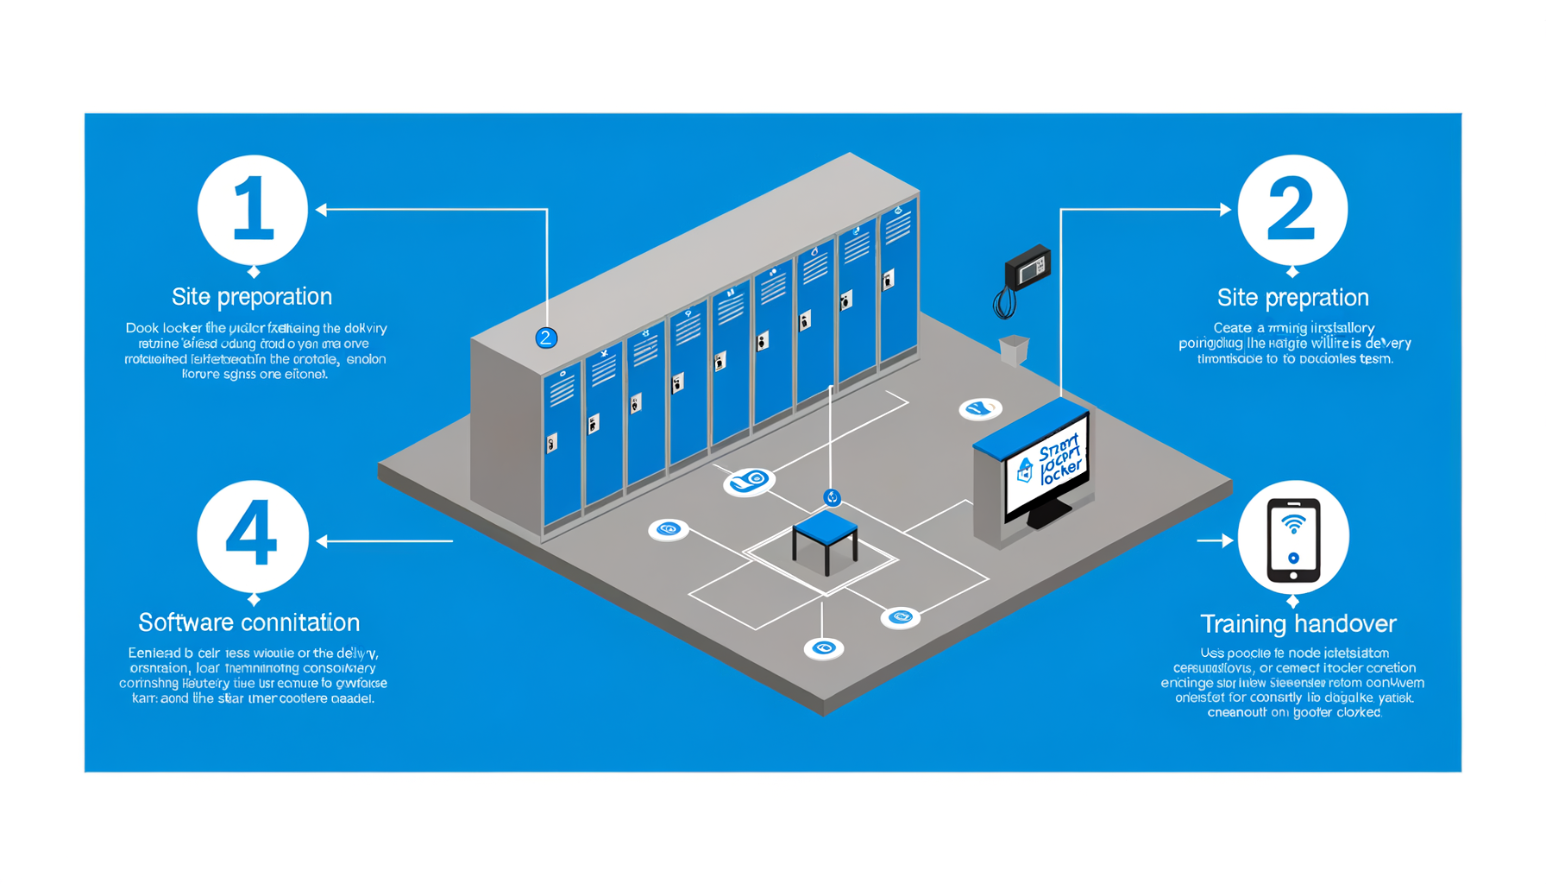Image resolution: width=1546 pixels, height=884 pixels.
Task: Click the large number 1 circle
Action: (x=253, y=210)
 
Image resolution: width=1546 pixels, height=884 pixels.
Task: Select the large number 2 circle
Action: (x=1291, y=210)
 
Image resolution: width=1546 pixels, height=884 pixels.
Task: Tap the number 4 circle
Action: (x=253, y=536)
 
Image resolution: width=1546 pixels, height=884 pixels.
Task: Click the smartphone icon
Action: (x=1292, y=540)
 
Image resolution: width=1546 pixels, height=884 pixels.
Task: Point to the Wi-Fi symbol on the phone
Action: (x=1292, y=523)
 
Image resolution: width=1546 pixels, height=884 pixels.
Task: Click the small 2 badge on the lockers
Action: (x=546, y=338)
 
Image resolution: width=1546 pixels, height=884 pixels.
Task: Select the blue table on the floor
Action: (x=825, y=535)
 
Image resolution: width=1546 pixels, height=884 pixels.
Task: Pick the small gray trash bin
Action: (x=1014, y=349)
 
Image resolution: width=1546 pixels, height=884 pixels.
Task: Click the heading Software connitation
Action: (x=249, y=622)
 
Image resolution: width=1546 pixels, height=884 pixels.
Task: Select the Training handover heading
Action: (x=1298, y=623)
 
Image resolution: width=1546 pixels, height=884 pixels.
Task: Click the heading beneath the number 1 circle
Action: (x=252, y=296)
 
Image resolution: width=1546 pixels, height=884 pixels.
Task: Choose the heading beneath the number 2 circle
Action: (x=1292, y=297)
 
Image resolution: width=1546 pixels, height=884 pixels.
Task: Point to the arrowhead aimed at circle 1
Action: (x=322, y=210)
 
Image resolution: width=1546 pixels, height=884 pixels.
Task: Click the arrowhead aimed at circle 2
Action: (x=1225, y=210)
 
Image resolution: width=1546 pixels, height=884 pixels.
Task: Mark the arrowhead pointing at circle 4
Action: (x=322, y=541)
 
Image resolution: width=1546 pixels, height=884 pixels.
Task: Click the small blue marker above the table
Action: (x=832, y=497)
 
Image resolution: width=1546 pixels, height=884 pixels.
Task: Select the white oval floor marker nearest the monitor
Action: (x=980, y=408)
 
